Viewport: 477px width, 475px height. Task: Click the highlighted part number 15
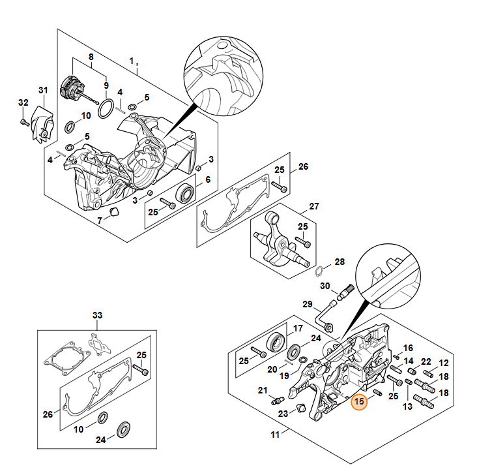(359, 402)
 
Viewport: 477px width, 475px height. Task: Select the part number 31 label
(43, 90)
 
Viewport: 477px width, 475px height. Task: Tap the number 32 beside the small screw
(23, 103)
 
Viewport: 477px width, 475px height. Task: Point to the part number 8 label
(91, 56)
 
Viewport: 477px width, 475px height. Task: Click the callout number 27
(314, 206)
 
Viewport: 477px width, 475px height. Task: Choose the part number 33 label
(97, 316)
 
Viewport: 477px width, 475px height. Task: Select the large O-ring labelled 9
(105, 109)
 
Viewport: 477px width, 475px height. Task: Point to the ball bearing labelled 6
(185, 193)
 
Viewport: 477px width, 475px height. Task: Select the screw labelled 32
(23, 121)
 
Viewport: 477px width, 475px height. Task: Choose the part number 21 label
(263, 390)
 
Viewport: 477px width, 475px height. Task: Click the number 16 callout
(409, 348)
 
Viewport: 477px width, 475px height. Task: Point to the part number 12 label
(444, 363)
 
